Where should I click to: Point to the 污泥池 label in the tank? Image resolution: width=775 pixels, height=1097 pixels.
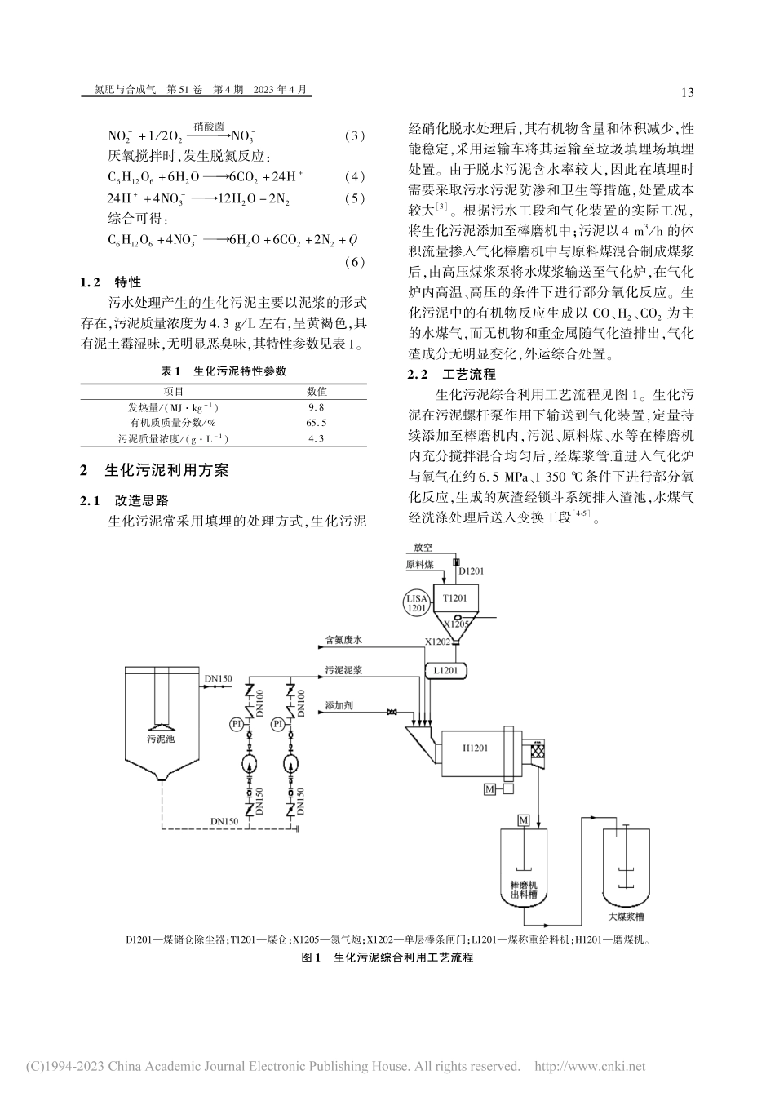point(159,738)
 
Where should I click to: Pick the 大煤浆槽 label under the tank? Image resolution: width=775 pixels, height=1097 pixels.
point(625,917)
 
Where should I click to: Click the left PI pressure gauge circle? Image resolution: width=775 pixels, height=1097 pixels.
point(235,723)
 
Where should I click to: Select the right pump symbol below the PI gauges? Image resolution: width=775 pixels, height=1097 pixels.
point(290,765)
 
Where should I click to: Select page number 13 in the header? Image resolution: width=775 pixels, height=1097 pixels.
point(686,92)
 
